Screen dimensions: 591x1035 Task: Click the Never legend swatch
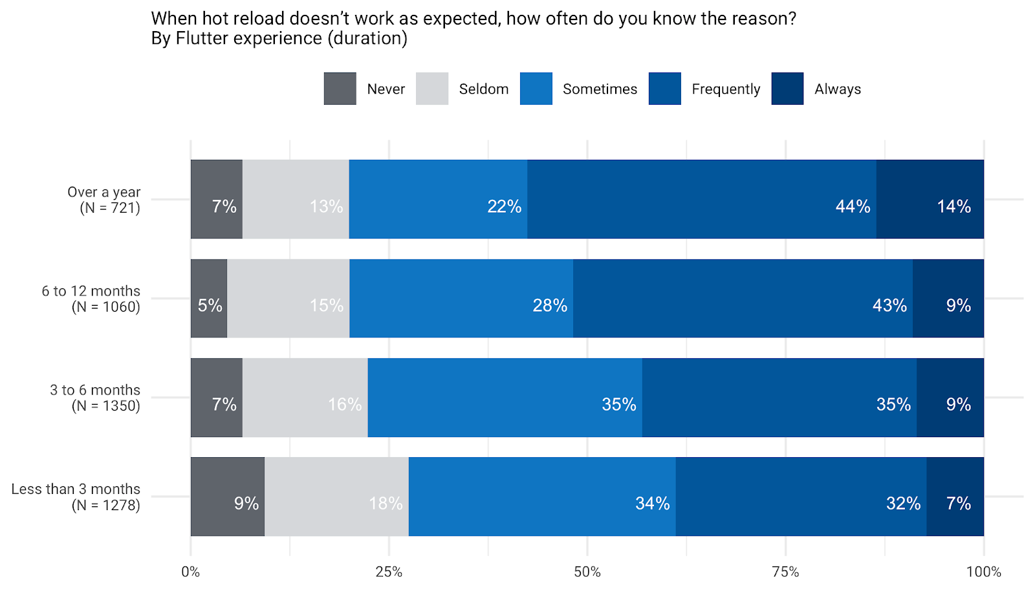[x=340, y=89]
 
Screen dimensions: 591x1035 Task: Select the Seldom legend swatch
[x=432, y=89]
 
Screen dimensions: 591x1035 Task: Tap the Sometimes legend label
[x=600, y=89]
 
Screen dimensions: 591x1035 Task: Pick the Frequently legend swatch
[x=664, y=89]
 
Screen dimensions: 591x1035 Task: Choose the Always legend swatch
[x=787, y=89]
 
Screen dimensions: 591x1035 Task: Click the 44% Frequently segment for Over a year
[x=701, y=199]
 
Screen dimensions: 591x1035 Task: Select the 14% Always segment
[x=930, y=199]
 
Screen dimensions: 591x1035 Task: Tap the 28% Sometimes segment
[x=461, y=298]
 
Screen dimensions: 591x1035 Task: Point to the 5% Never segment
[x=208, y=298]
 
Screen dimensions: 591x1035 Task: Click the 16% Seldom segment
[x=305, y=398]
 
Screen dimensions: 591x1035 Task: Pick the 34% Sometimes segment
[x=542, y=497]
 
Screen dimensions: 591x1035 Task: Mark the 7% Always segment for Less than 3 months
[x=955, y=497]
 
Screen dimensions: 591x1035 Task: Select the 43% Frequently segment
[x=743, y=298]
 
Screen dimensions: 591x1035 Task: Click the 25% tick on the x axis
[x=389, y=572]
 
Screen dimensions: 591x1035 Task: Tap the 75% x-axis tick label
[x=785, y=572]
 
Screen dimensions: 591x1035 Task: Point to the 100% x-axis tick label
[x=983, y=572]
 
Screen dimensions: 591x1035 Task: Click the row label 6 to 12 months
[x=91, y=291]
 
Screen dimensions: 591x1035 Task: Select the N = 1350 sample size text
[x=106, y=406]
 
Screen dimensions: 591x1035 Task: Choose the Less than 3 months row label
[x=76, y=489]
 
